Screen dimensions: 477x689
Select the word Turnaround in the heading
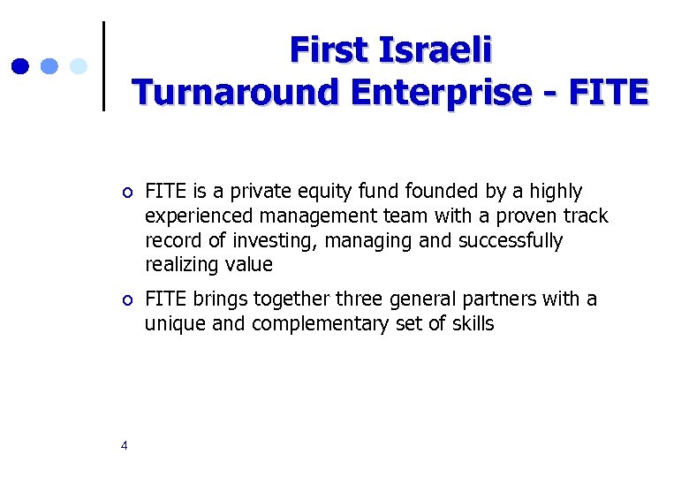pos(236,92)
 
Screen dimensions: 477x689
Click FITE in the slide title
pos(613,92)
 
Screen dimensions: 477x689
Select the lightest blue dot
pos(78,65)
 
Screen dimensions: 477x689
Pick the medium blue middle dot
pos(49,65)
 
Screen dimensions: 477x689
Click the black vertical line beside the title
pos(104,66)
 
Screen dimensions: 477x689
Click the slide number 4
pos(124,445)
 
